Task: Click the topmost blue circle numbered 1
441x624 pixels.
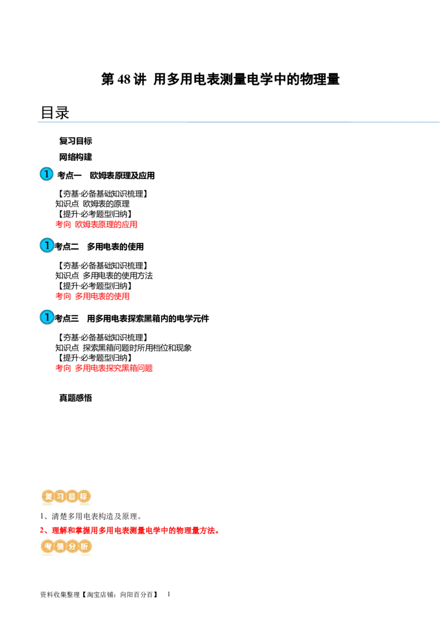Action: point(47,174)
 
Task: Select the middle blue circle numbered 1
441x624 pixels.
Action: point(47,245)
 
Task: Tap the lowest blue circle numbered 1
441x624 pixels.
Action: point(47,318)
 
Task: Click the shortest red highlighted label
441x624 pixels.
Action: point(92,297)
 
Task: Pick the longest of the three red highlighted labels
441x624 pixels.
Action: point(104,368)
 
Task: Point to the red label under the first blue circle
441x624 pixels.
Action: point(96,224)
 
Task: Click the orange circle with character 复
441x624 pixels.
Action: point(48,496)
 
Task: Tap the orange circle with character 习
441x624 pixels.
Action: point(60,496)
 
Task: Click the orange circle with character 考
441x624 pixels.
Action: point(48,547)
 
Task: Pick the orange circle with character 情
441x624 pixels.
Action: point(60,547)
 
